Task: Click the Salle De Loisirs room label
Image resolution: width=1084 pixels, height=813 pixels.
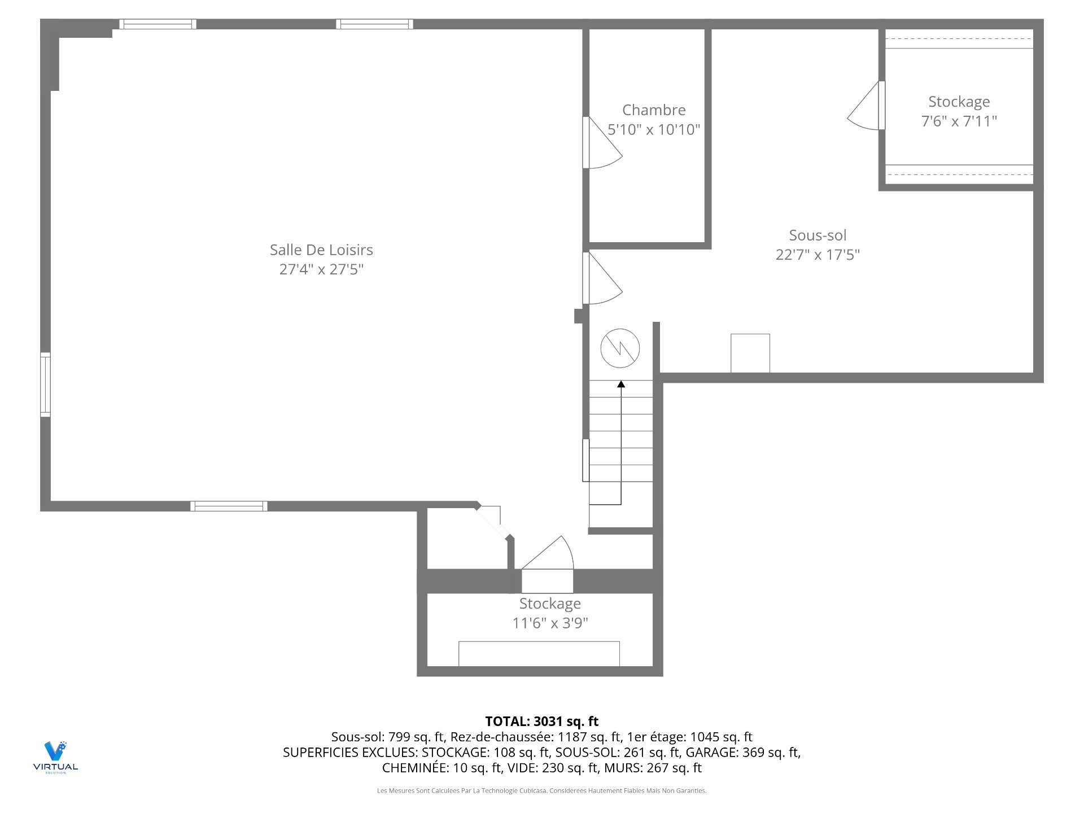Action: tap(321, 250)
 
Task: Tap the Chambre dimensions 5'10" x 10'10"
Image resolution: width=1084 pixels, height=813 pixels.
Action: tap(654, 130)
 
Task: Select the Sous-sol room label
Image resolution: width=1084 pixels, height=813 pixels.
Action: tap(818, 235)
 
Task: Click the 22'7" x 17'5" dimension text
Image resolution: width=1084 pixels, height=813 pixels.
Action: tap(818, 255)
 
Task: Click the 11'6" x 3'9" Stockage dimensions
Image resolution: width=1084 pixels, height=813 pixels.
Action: tap(550, 623)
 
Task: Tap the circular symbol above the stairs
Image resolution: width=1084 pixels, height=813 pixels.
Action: tap(620, 348)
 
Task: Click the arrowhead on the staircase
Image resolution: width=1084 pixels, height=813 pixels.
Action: tap(621, 384)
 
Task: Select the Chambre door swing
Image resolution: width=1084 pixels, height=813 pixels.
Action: tap(602, 143)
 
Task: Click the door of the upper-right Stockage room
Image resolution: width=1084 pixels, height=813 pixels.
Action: tap(866, 106)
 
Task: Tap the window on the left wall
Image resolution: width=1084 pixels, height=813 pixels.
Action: tap(45, 384)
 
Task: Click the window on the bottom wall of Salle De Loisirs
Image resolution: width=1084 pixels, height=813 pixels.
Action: tap(229, 506)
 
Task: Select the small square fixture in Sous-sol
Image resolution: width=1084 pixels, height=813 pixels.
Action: tap(750, 353)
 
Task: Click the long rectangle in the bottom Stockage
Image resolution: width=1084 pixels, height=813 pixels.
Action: tap(539, 654)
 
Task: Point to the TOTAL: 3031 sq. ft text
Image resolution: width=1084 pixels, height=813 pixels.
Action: tap(542, 721)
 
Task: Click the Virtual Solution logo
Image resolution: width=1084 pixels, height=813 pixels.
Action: tap(55, 757)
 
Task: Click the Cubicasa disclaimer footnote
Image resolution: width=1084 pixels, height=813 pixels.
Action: tap(542, 790)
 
